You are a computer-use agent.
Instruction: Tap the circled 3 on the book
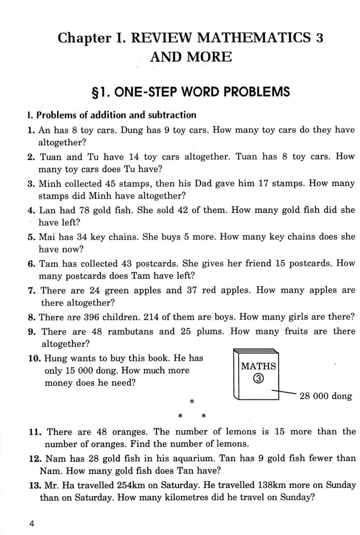coord(258,379)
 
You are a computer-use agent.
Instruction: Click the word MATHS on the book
coord(258,366)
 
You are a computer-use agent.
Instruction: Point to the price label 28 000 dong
coord(326,396)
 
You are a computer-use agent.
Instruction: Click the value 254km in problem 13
coord(132,485)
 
